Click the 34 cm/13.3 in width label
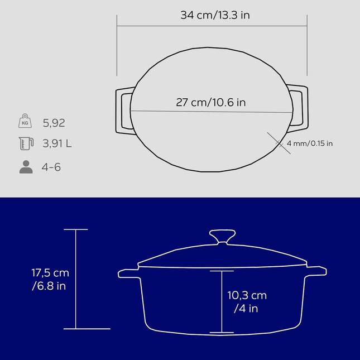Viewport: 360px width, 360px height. click(215, 15)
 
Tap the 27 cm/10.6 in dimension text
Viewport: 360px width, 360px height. click(211, 102)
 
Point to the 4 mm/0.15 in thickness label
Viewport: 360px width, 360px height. click(310, 143)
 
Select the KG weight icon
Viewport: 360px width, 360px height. click(25, 121)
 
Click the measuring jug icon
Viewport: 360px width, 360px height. click(26, 143)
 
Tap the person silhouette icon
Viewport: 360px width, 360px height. click(26, 167)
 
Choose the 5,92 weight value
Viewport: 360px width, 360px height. click(54, 123)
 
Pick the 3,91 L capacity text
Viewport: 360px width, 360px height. click(57, 143)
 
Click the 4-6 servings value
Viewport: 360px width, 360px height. click(51, 167)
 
